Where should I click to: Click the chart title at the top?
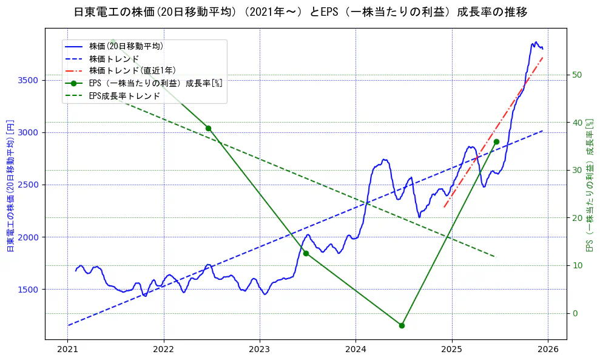(300, 12)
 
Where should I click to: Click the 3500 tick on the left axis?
(29, 80)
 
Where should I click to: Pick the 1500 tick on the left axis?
(29, 290)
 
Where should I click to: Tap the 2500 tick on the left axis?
(29, 185)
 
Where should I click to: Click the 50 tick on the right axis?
(578, 75)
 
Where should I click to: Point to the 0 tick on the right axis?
(575, 313)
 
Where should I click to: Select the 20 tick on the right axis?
(578, 218)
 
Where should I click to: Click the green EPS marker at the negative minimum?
(402, 325)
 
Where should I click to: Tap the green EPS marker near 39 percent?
(208, 128)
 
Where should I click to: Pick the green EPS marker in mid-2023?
(306, 253)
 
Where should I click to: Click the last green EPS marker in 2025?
(496, 141)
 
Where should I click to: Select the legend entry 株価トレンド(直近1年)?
(132, 71)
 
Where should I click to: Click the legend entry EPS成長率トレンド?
(124, 96)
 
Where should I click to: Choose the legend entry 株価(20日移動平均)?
(126, 46)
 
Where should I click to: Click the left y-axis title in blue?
(10, 186)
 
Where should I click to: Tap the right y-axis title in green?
(589, 186)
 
